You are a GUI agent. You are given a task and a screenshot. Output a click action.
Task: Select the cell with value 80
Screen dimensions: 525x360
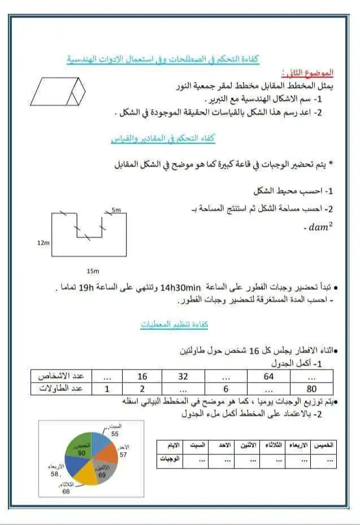(x=310, y=388)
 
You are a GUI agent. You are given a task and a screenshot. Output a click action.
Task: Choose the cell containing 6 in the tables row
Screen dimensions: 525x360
(x=225, y=388)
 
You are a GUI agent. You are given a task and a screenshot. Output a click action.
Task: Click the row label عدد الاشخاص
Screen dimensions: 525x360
(x=61, y=376)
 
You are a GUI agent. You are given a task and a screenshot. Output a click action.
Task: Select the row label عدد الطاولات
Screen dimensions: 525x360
(x=61, y=388)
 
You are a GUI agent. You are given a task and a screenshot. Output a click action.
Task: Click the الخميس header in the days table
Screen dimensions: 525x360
(x=323, y=445)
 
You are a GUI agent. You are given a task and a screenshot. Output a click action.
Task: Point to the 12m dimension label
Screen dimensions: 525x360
(x=44, y=242)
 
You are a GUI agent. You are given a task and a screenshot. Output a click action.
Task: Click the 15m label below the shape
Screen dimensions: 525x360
(x=92, y=271)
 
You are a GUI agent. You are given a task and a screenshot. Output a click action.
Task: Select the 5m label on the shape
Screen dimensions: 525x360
(x=116, y=210)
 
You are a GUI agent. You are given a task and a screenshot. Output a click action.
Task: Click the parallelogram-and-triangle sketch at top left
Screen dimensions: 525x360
(x=57, y=90)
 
